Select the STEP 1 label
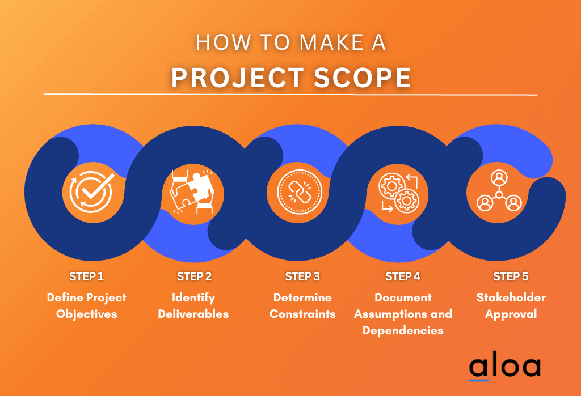(x=86, y=276)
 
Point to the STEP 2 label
(x=194, y=276)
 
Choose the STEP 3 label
(x=302, y=276)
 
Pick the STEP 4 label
(x=403, y=276)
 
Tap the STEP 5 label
(x=511, y=276)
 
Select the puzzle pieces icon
(x=191, y=191)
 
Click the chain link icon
(x=299, y=191)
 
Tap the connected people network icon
(x=499, y=191)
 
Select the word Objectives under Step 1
(x=86, y=314)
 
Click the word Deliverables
(x=193, y=314)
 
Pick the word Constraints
(x=302, y=314)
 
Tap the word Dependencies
(x=403, y=330)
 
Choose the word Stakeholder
(x=511, y=297)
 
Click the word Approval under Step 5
(x=511, y=314)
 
